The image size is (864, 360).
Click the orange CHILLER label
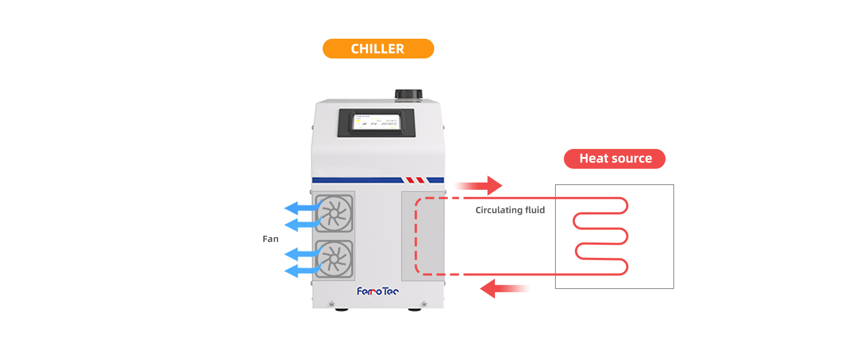coord(378,49)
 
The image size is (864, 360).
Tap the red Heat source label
coord(614,159)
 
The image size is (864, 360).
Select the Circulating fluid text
coord(510,210)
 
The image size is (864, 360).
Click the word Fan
coord(270,239)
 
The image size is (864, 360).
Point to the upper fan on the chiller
coord(334,213)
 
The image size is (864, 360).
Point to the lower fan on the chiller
coord(334,259)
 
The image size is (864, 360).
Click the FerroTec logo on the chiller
coord(378,292)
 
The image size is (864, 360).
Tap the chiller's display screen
coord(376,122)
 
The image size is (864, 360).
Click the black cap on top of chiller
coord(409,94)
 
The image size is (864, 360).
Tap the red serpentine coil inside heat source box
coord(601,236)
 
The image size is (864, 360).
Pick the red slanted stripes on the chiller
coord(415,180)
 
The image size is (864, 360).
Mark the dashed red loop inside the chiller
coord(416,236)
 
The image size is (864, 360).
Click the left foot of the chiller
coord(341,310)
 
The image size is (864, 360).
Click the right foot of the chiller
coord(414,310)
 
